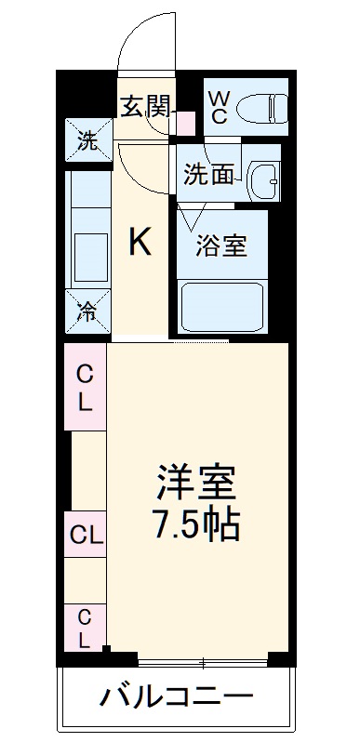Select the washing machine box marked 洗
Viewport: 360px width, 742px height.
[x=87, y=141]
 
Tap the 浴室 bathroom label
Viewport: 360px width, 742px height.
[x=220, y=247]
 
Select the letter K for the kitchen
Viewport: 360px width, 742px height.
[x=140, y=243]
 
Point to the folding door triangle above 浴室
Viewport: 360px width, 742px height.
[x=193, y=218]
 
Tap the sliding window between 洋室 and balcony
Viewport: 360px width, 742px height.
[x=203, y=661]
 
